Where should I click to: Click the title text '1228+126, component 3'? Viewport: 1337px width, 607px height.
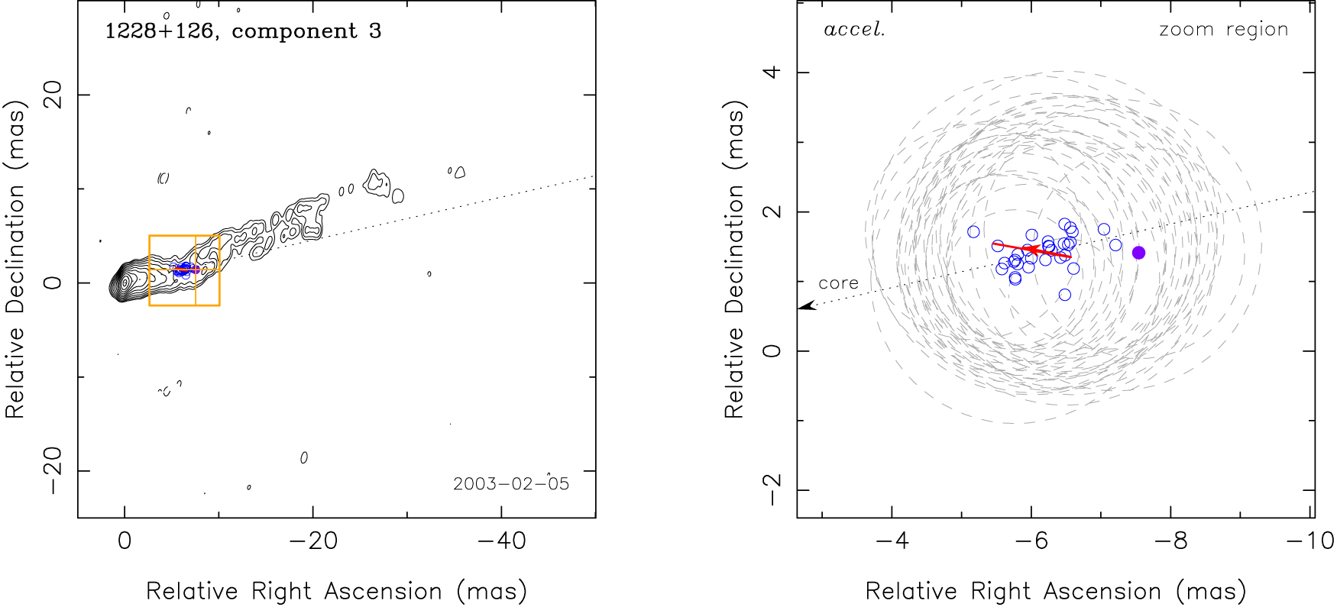pos(243,31)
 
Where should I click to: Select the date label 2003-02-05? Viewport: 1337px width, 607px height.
pos(510,484)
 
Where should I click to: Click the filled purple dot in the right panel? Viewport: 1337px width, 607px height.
pos(1138,253)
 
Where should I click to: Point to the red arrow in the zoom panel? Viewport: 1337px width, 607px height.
pos(1031,250)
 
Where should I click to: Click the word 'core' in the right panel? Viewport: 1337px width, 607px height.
pos(838,283)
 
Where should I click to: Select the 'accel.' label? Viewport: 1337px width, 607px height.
pos(854,31)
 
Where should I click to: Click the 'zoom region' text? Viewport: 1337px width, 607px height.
pos(1223,31)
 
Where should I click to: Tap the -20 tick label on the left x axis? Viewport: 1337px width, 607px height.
pos(313,541)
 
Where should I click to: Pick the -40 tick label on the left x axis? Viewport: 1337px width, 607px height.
pos(501,541)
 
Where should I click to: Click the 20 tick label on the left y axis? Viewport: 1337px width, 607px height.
pos(53,95)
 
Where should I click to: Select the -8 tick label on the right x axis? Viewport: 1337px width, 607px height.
pos(1170,541)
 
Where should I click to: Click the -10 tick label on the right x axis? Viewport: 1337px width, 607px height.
pos(1309,541)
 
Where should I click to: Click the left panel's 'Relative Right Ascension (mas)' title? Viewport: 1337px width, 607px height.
pos(336,591)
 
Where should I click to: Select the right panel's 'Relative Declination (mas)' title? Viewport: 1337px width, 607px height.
pos(733,260)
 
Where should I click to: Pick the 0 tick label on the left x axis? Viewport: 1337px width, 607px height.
pos(125,541)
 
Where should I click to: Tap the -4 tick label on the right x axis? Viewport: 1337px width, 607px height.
pos(892,541)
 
